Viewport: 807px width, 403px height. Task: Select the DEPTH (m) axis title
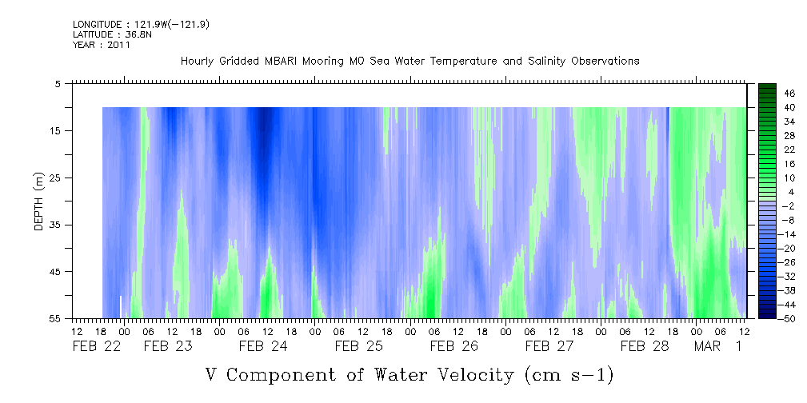(38, 201)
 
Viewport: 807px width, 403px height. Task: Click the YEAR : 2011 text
(101, 45)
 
